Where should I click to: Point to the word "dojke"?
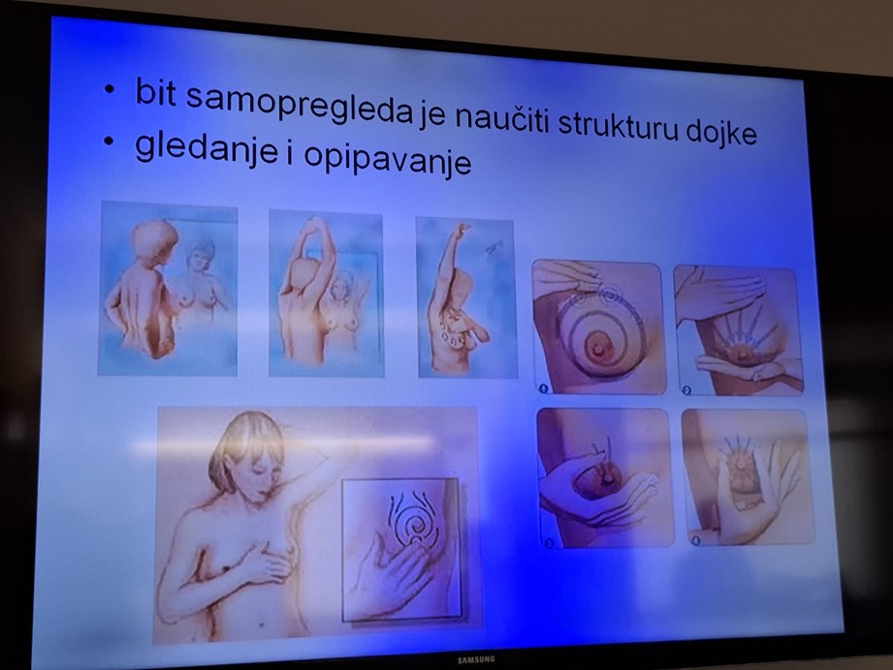(721, 132)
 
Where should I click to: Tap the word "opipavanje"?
(387, 159)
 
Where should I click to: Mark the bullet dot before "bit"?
(109, 89)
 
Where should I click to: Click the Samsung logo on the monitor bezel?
(476, 659)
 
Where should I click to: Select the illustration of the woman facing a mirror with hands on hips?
(168, 288)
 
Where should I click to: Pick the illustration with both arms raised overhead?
(327, 294)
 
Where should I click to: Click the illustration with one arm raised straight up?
(467, 298)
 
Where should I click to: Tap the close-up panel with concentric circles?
(598, 327)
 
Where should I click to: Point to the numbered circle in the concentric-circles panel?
(543, 389)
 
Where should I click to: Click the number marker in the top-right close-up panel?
(686, 390)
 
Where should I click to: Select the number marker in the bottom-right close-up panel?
(696, 540)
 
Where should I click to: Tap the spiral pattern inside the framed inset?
(414, 519)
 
